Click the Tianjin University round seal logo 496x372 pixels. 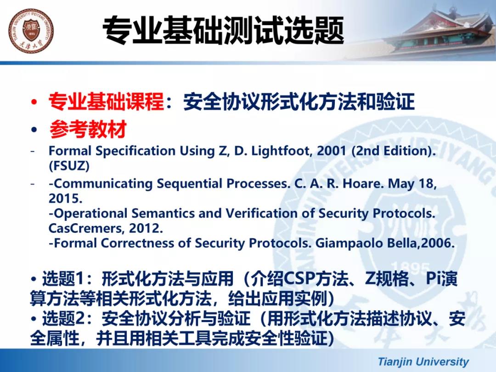pyautogui.click(x=31, y=31)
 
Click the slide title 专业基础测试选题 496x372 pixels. pyautogui.click(x=223, y=31)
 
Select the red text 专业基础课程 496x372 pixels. pyautogui.click(x=106, y=101)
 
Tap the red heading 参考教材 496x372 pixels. pyautogui.click(x=88, y=129)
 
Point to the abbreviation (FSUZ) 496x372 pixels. pyautogui.click(x=69, y=166)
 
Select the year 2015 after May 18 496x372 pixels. pyautogui.click(x=65, y=198)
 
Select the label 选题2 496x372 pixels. pyautogui.click(x=63, y=318)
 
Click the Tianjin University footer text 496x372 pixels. pyautogui.click(x=423, y=361)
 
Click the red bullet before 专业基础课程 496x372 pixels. pyautogui.click(x=34, y=102)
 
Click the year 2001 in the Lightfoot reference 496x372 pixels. pyautogui.click(x=332, y=151)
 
